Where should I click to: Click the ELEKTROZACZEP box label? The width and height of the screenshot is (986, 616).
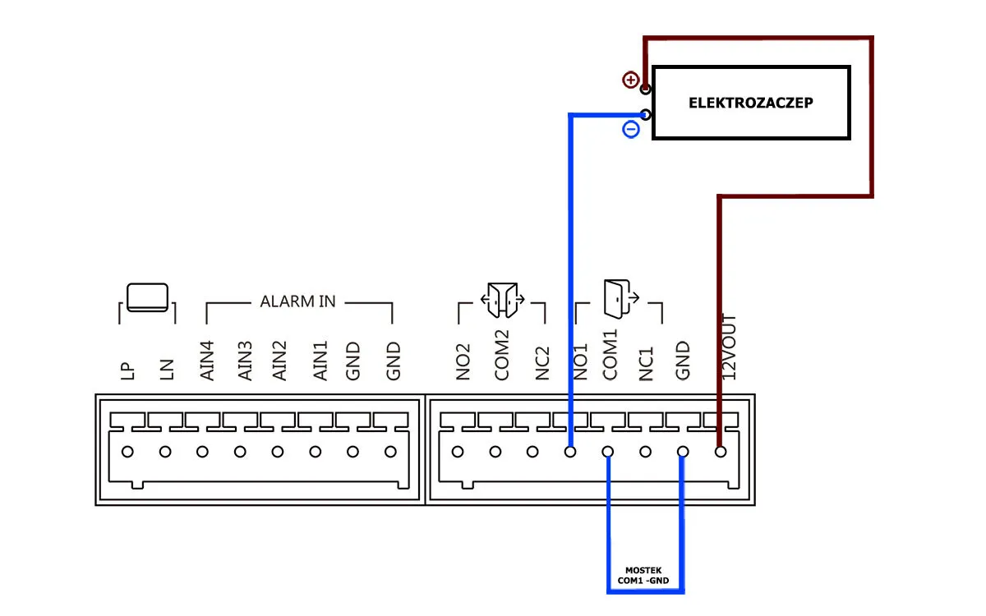(751, 103)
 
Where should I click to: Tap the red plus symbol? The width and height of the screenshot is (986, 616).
(630, 80)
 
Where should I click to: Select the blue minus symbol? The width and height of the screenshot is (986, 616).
(630, 129)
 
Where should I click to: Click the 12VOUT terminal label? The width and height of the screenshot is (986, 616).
(729, 346)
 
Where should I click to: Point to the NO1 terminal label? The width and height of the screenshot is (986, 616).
(581, 361)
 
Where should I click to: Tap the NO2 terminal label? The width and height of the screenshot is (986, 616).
(464, 361)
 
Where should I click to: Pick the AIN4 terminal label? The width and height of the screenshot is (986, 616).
(207, 360)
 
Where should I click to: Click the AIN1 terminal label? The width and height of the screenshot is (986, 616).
(320, 360)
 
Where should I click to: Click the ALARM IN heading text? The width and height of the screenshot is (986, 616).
(297, 301)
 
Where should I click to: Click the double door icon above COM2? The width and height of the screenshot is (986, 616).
(501, 300)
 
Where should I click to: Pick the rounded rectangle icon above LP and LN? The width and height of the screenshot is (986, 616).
(147, 297)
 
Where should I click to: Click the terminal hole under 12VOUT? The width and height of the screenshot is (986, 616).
(721, 451)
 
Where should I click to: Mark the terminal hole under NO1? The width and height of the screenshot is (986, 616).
(570, 451)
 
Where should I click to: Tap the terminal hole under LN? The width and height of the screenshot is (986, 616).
(165, 451)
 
